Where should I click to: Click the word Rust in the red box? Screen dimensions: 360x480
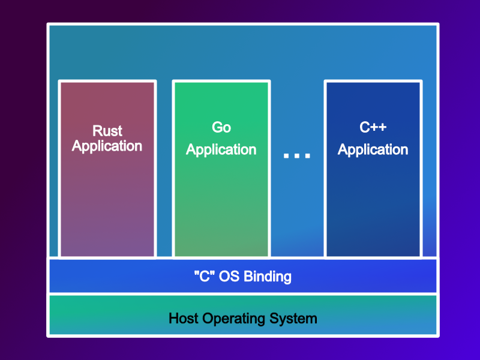[x=107, y=131]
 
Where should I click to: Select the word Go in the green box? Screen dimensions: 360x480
[x=221, y=127]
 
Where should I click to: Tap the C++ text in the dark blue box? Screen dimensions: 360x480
[x=373, y=127]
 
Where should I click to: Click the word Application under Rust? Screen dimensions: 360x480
[x=107, y=146]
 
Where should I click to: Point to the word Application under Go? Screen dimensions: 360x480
[x=221, y=149]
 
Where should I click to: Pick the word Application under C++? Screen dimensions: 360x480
[x=373, y=149]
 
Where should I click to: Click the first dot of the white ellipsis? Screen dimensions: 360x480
[x=287, y=156]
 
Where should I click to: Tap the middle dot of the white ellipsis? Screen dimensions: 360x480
[x=297, y=156]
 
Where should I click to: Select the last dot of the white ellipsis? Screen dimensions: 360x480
[x=307, y=156]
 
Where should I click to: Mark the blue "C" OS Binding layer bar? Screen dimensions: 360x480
[x=360, y=277]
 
